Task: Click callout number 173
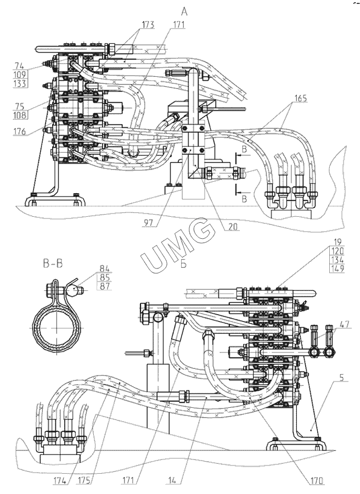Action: click(147, 25)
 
